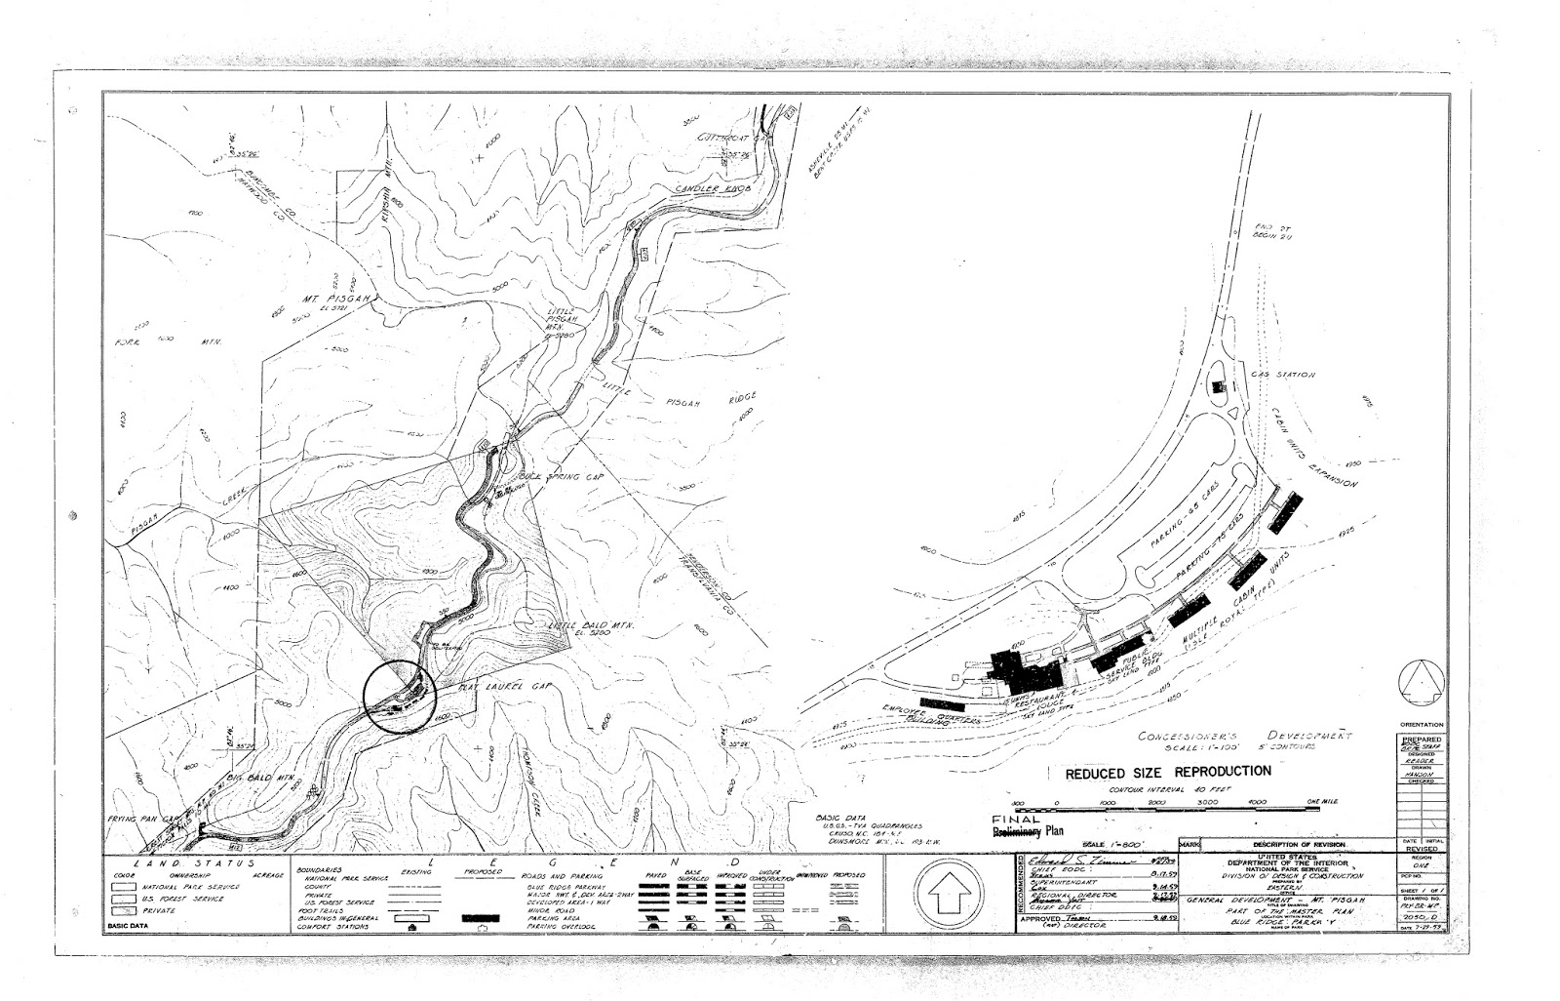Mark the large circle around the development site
click(398, 696)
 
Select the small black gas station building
click(1217, 386)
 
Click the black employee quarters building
click(941, 702)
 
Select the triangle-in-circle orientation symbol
click(1420, 682)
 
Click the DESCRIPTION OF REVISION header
click(1295, 844)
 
